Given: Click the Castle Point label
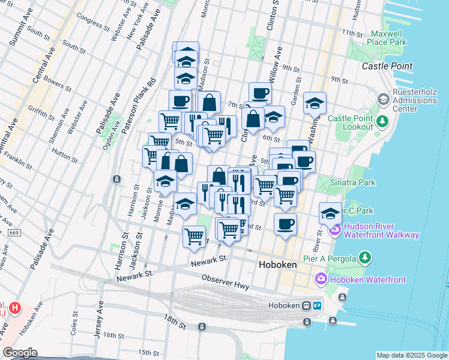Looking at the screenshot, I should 387,65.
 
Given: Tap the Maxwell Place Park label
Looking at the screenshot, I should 388,37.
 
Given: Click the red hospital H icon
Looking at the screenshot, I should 15,309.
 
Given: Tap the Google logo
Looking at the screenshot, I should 20,353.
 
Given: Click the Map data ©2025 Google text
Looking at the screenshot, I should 412,355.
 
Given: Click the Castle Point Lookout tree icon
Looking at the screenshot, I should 382,122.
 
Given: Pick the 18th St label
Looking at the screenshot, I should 177,324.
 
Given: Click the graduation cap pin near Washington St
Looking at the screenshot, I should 315,104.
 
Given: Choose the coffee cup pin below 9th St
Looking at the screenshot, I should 260,94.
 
